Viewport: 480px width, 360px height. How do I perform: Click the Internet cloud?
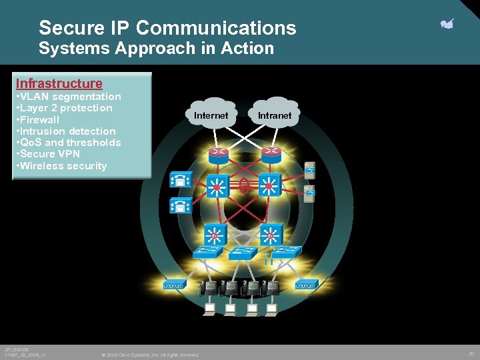211,115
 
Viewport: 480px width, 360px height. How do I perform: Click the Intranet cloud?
275,115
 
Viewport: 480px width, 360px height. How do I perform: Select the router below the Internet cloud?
218,154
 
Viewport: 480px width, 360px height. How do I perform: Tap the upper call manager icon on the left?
181,179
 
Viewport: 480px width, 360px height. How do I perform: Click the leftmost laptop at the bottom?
209,309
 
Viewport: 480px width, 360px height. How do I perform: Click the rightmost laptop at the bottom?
272,309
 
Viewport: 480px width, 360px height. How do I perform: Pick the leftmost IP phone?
209,288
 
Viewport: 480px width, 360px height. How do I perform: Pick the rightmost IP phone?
273,288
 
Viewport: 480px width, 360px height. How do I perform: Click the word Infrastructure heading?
59,83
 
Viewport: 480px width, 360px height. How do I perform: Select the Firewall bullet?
39,120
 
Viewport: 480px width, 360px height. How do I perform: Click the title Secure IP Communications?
167,28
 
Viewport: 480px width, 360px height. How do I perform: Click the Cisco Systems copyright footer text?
150,355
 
